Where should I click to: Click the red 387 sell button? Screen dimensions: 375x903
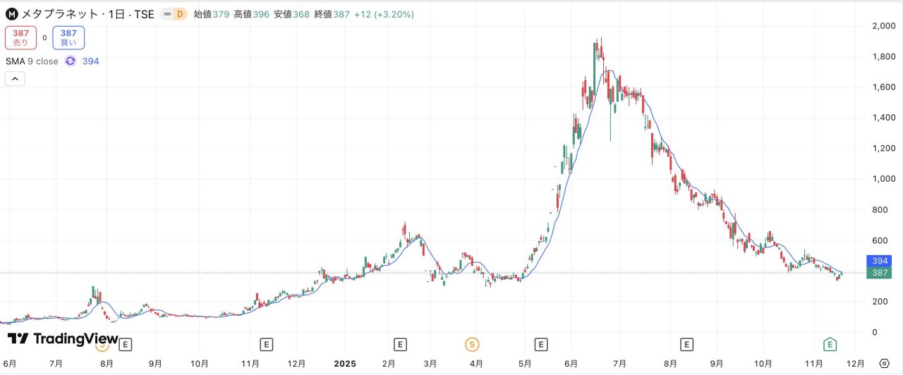tap(20, 37)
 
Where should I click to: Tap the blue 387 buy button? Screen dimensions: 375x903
tap(68, 37)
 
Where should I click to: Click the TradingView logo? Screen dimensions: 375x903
tap(63, 339)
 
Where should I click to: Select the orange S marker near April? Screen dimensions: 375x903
tap(471, 344)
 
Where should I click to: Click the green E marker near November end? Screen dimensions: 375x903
tap(830, 344)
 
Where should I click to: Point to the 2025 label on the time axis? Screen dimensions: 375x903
tap(346, 364)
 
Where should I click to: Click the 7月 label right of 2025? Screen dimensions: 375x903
tap(620, 364)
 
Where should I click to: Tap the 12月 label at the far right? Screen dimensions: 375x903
tap(854, 364)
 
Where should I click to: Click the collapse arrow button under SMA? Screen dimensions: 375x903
tap(15, 79)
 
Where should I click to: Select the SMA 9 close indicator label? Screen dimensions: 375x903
tap(32, 61)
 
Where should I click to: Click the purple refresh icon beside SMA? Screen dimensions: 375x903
tap(71, 61)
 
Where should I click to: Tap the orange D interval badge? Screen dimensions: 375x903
tap(179, 14)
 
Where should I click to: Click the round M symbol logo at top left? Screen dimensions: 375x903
tap(12, 14)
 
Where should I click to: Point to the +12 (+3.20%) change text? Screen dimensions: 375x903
tap(384, 14)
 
